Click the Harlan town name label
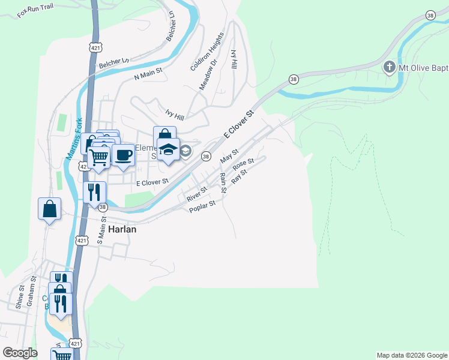point(122,229)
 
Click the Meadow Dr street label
point(208,76)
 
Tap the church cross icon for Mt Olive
point(390,67)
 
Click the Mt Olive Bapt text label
point(424,67)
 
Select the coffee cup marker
point(123,155)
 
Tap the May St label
point(229,157)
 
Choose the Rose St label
point(243,164)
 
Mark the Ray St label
point(239,176)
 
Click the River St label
point(196,194)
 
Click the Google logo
point(20,353)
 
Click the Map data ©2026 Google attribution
point(411,355)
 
